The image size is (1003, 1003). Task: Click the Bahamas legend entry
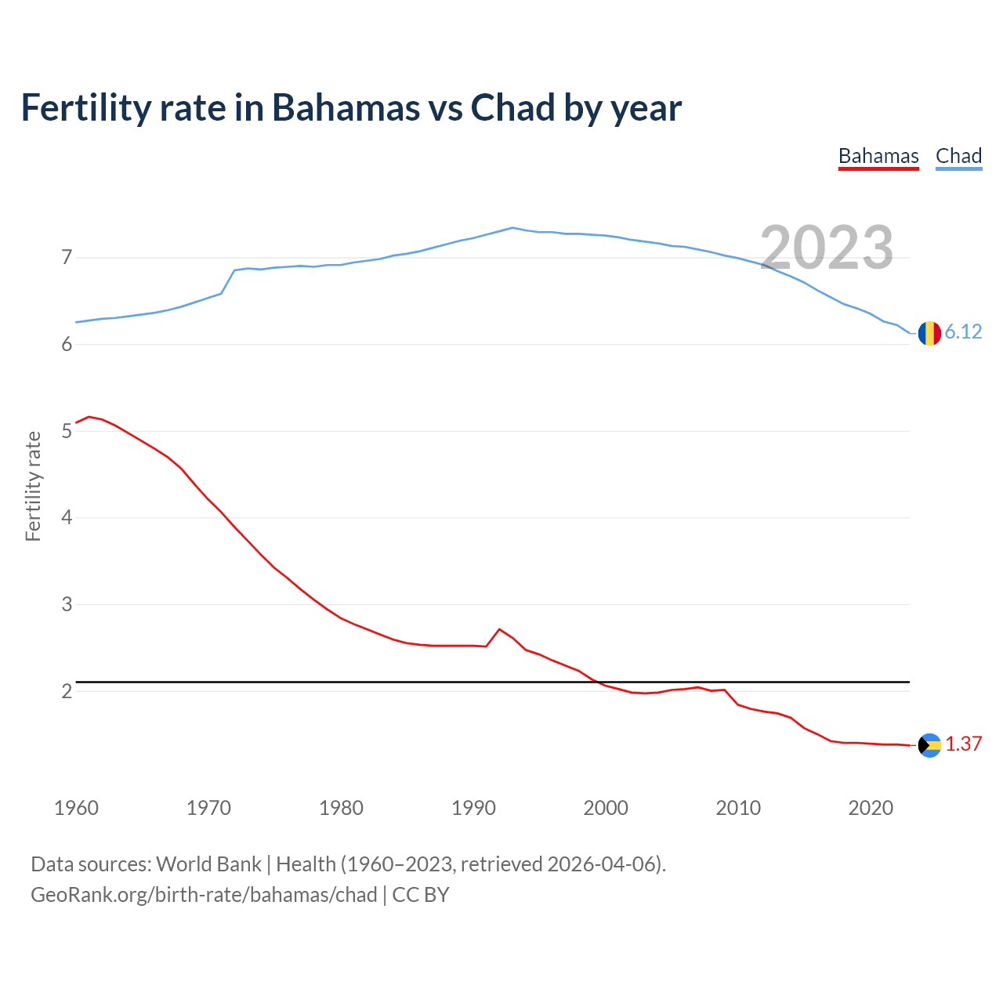pyautogui.click(x=878, y=156)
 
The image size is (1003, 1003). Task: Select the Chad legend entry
pyautogui.click(x=958, y=156)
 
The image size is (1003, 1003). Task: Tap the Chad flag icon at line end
pyautogui.click(x=929, y=333)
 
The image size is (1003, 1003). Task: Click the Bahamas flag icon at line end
pyautogui.click(x=929, y=745)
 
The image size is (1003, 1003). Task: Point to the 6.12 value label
pyautogui.click(x=963, y=332)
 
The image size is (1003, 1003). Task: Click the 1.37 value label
pyautogui.click(x=963, y=744)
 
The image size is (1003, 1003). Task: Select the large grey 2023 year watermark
pyautogui.click(x=827, y=248)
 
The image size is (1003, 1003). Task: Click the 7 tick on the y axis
pyautogui.click(x=67, y=258)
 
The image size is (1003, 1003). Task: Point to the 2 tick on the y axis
pyautogui.click(x=67, y=691)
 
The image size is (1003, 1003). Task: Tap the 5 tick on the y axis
pyautogui.click(x=67, y=431)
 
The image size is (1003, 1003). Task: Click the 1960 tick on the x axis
pyautogui.click(x=76, y=808)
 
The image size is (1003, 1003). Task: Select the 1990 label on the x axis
pyautogui.click(x=473, y=808)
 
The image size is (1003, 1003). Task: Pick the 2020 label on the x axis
pyautogui.click(x=871, y=808)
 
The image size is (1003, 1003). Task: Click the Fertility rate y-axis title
pyautogui.click(x=33, y=486)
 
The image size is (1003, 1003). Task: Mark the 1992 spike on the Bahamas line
pyautogui.click(x=499, y=629)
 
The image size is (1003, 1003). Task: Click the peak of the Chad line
pyautogui.click(x=512, y=228)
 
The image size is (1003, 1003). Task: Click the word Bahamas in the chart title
pyautogui.click(x=346, y=108)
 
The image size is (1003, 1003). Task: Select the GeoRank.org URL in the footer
pyautogui.click(x=204, y=895)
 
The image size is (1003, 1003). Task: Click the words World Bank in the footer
pyautogui.click(x=208, y=864)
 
